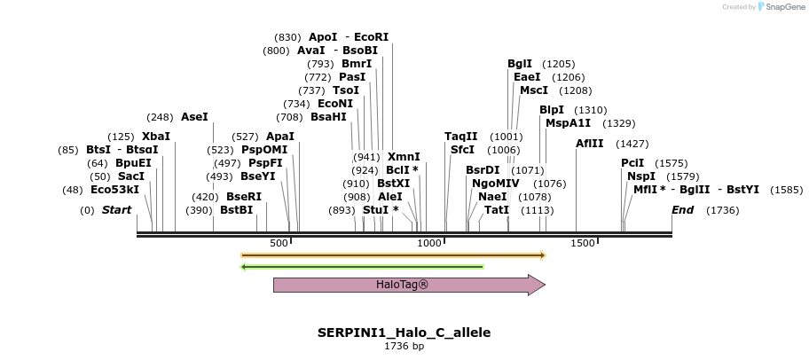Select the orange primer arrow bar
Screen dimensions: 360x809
pos(392,255)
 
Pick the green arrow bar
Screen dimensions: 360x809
pos(362,266)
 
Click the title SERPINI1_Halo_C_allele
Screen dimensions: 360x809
pos(404,333)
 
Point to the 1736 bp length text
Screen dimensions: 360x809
pos(404,346)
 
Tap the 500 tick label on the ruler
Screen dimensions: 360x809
pos(279,243)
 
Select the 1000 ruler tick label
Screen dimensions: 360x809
pos(429,243)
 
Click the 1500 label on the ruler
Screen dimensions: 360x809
pos(582,243)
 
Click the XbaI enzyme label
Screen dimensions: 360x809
pos(156,137)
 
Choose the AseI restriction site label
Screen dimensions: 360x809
pos(194,117)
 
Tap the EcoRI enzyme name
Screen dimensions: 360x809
pos(372,37)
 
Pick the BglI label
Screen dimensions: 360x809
pos(520,64)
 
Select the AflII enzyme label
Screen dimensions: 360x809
pos(589,144)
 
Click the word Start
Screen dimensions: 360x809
pos(116,210)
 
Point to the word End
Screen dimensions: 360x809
pos(683,210)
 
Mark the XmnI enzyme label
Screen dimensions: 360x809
pos(404,157)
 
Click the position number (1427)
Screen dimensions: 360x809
pos(632,144)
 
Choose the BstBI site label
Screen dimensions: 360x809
pos(237,210)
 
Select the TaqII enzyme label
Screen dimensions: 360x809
pos(461,137)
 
